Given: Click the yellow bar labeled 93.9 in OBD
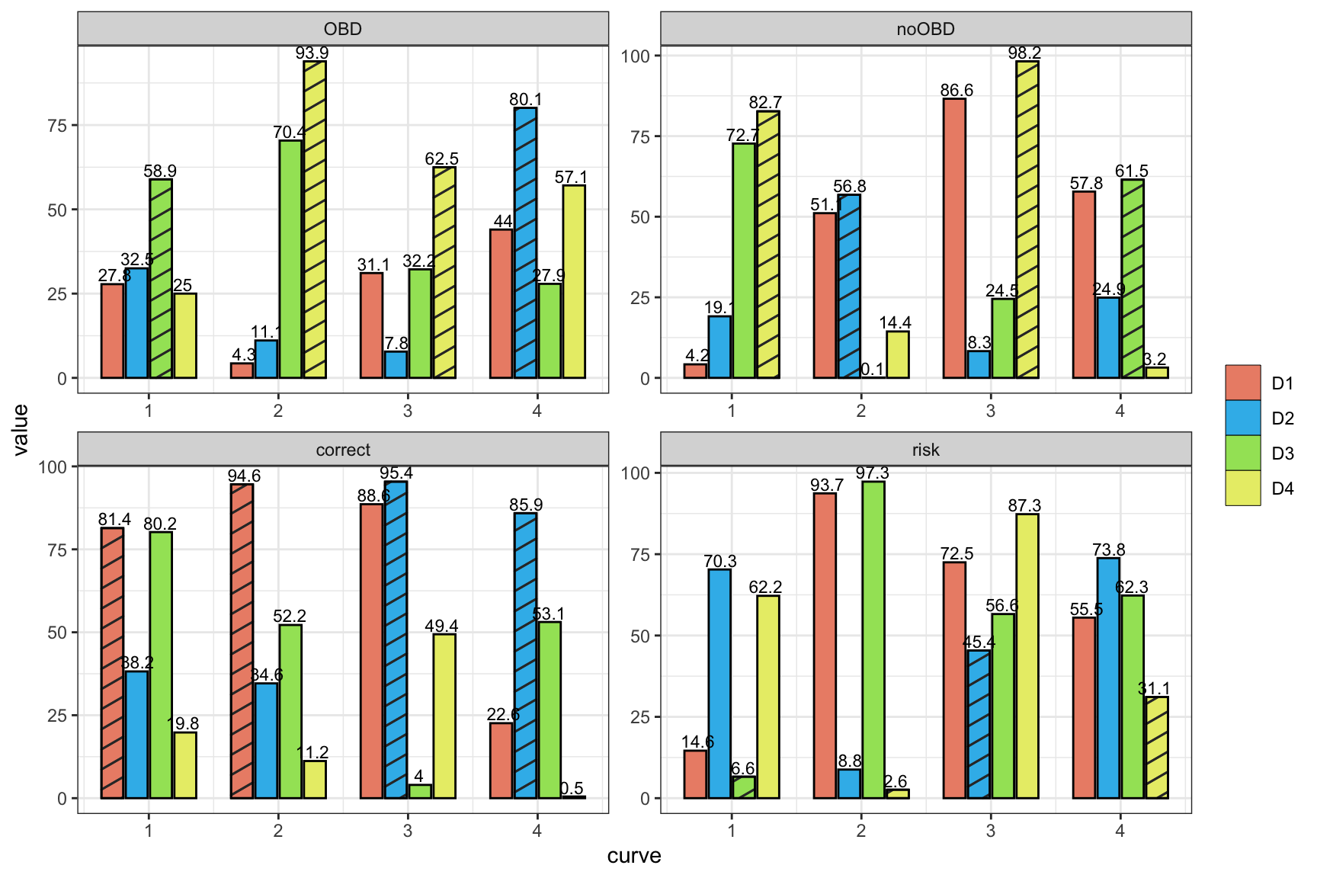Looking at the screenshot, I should (315, 219).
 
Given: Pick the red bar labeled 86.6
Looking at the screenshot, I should (954, 238).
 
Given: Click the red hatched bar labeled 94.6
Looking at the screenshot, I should (242, 641).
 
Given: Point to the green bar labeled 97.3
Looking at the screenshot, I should (873, 639).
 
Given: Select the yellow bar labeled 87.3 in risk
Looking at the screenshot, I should (1027, 655).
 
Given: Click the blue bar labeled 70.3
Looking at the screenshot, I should (719, 684).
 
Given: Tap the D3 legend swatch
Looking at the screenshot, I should (1243, 453).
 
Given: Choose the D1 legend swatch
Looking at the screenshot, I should (1243, 383).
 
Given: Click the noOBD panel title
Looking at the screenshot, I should (925, 29).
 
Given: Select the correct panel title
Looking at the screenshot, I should (343, 450).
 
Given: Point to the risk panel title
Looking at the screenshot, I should (925, 450).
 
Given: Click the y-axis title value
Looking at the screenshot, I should (21, 430).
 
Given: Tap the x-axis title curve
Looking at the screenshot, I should (634, 856).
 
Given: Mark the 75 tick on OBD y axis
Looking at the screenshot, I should (58, 125).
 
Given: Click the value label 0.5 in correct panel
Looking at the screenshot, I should (572, 789).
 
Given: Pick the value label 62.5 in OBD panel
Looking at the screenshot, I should (442, 159).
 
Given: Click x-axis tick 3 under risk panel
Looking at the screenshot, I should (990, 830).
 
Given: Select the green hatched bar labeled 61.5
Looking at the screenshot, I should (1133, 279).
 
